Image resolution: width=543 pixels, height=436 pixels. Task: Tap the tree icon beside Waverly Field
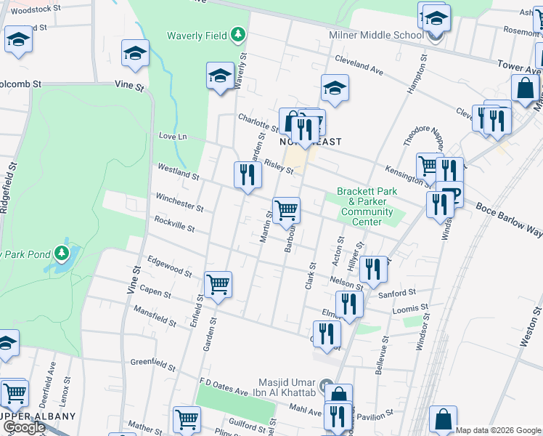point(237,34)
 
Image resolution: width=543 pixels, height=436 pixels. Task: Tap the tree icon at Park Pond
point(63,253)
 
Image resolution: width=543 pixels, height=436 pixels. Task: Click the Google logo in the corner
point(23,427)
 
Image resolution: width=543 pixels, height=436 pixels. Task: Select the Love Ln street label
point(173,136)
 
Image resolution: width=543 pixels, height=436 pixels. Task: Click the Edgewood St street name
point(168,269)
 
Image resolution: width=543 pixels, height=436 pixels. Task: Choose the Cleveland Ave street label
point(358,66)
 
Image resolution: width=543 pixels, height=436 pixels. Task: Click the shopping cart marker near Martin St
point(287,211)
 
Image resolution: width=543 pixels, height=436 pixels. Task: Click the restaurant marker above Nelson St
point(373,270)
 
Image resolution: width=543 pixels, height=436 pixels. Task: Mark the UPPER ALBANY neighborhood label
point(38,416)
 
